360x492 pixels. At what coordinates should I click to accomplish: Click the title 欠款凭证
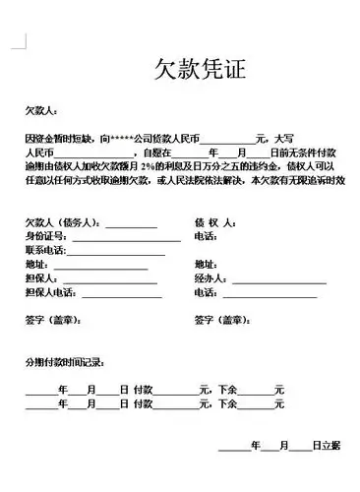(x=198, y=69)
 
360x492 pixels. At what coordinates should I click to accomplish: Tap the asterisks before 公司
(x=123, y=139)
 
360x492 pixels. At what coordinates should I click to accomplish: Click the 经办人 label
(x=210, y=279)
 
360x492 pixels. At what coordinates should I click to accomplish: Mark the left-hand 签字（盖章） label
(x=53, y=321)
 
